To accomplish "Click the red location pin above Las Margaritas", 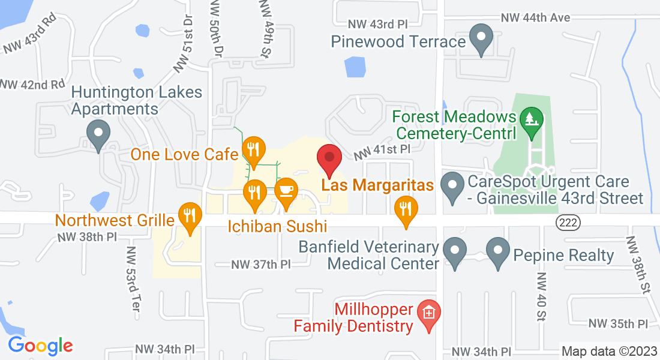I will [329, 158].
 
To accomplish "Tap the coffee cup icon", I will [286, 190].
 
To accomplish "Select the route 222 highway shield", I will [567, 222].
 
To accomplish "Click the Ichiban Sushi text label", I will [277, 227].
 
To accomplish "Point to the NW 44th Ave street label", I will [535, 18].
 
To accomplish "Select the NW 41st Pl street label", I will [382, 151].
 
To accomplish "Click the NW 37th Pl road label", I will [261, 264].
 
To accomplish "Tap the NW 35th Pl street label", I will [618, 324].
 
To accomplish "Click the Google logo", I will [40, 346].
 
